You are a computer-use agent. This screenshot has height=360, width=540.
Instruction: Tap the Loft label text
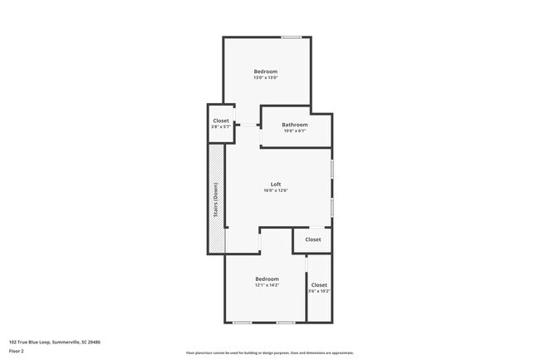pyautogui.click(x=276, y=184)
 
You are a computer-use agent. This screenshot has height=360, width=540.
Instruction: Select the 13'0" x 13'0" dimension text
pyautogui.click(x=266, y=78)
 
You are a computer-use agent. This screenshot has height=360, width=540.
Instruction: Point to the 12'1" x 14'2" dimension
pyautogui.click(x=267, y=285)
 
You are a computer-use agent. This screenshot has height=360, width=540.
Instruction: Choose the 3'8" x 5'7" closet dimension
pyautogui.click(x=221, y=127)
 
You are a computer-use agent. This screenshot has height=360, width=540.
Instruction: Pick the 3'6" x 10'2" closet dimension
pyautogui.click(x=319, y=291)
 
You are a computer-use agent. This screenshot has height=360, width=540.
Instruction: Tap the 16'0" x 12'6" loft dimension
pyautogui.click(x=276, y=190)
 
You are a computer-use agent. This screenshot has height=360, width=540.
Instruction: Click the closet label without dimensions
pyautogui.click(x=312, y=239)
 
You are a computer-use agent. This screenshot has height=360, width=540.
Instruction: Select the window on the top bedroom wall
pyautogui.click(x=291, y=37)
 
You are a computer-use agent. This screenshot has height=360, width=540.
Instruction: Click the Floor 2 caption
pyautogui.click(x=16, y=351)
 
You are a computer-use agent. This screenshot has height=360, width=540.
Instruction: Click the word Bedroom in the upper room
pyautogui.click(x=266, y=72)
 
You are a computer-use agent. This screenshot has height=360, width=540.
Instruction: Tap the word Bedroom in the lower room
pyautogui.click(x=267, y=279)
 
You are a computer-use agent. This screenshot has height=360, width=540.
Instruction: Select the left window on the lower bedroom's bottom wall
pyautogui.click(x=242, y=322)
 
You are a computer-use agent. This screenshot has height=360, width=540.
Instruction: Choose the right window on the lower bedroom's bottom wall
pyautogui.click(x=285, y=322)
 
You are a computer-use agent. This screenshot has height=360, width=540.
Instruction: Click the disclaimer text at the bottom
pyautogui.click(x=270, y=353)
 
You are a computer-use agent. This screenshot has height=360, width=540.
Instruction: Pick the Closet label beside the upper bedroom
pyautogui.click(x=221, y=121)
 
